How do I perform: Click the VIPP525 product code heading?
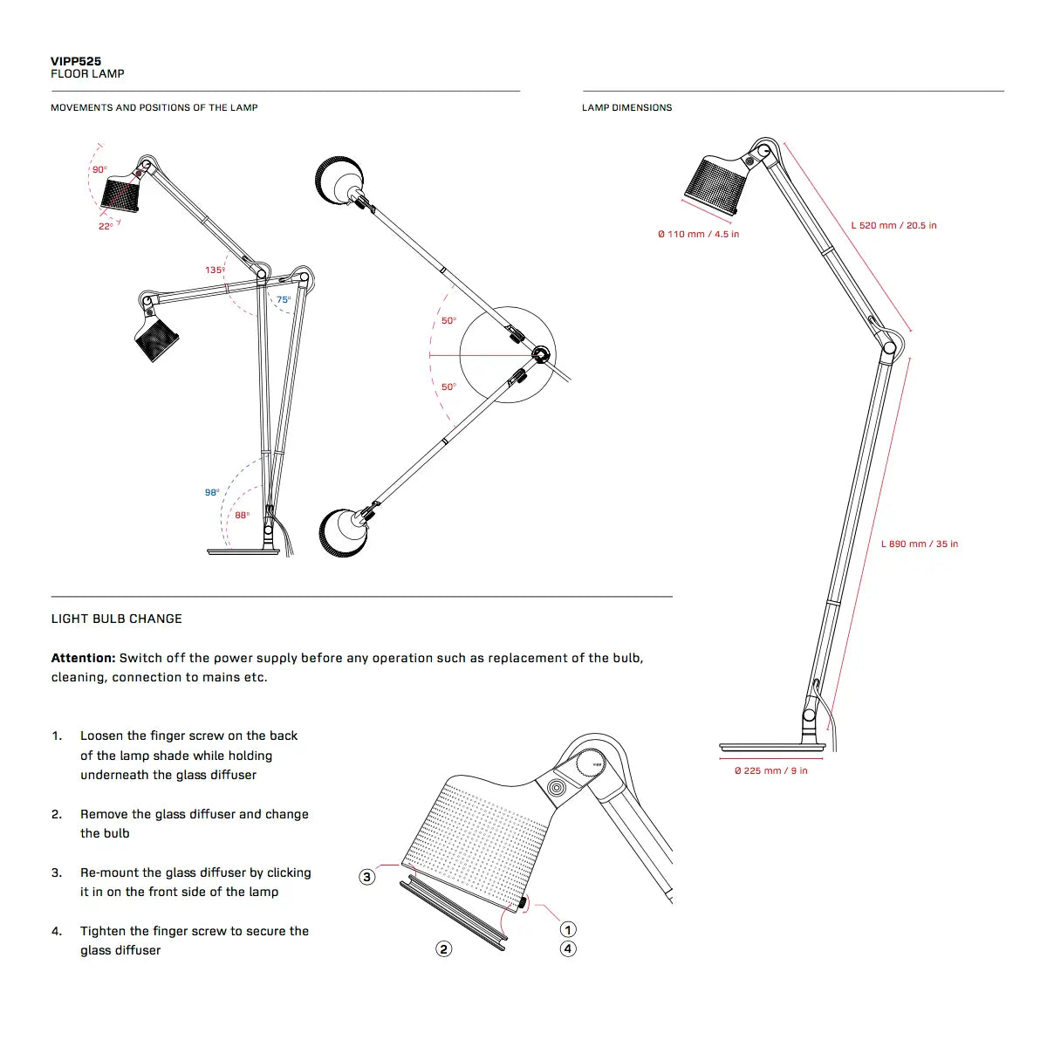[76, 61]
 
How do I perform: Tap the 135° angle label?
[215, 270]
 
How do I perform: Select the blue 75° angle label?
[284, 300]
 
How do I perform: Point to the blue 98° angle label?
[212, 493]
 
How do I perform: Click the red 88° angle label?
[242, 516]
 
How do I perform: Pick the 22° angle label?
[105, 227]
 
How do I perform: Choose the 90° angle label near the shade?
[99, 169]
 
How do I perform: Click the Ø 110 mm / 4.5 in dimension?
[698, 235]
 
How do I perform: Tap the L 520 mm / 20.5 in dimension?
[893, 225]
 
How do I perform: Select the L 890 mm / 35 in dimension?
[919, 544]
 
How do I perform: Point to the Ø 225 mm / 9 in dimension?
[770, 770]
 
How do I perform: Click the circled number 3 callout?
[367, 877]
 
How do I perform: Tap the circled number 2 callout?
[444, 948]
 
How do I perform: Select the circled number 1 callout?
[568, 930]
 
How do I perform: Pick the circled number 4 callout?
[568, 948]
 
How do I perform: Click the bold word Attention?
[83, 658]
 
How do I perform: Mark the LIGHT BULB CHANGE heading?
[117, 619]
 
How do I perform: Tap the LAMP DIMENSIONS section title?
[626, 107]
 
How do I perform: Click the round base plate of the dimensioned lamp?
[771, 748]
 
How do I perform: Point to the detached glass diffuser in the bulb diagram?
[454, 914]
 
